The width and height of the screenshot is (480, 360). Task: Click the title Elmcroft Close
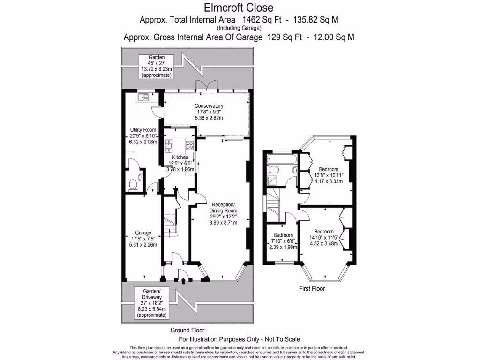point(239,7)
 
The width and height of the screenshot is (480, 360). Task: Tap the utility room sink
point(143,97)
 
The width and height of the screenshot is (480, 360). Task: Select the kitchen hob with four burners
point(190,145)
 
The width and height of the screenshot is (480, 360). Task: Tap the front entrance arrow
point(183,280)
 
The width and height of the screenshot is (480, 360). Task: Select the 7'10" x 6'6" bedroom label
point(283,241)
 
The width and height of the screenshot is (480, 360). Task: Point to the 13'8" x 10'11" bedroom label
point(329,175)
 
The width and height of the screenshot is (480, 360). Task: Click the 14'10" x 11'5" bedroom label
point(324,238)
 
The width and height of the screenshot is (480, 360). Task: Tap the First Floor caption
point(312,288)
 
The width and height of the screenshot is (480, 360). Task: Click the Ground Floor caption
point(187,330)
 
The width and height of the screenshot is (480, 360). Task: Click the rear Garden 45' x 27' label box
point(157,66)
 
